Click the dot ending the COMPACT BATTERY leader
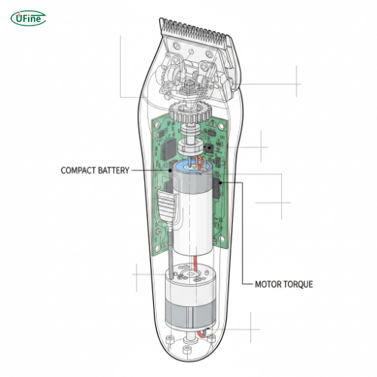168,170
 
